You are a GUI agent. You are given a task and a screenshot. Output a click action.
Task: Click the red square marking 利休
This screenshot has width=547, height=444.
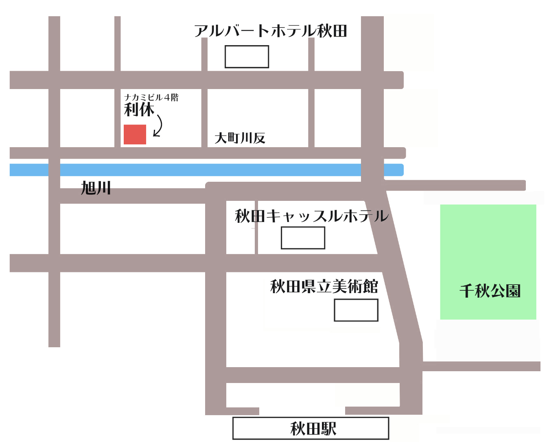(135, 135)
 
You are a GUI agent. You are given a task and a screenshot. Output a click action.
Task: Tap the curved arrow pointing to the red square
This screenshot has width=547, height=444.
(159, 126)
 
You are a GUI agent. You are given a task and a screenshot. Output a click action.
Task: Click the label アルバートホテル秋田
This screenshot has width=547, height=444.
(271, 31)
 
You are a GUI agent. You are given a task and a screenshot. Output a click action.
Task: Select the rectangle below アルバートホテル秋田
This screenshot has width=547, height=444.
(247, 57)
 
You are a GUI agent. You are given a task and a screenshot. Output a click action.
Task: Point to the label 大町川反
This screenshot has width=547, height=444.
(240, 138)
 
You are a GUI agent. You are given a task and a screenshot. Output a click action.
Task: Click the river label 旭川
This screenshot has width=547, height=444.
(96, 188)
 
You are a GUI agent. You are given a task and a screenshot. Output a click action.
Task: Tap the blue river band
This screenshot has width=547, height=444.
(203, 170)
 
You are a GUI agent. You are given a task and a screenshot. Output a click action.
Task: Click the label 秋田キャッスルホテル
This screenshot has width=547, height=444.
(311, 216)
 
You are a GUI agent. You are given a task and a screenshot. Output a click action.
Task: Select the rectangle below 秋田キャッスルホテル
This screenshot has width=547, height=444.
(303, 237)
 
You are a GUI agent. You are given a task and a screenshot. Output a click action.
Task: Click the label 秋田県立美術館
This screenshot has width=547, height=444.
(324, 287)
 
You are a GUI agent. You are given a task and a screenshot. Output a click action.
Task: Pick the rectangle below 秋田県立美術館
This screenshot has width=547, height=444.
(356, 310)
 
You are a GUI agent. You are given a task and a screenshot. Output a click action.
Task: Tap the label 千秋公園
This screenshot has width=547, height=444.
(490, 291)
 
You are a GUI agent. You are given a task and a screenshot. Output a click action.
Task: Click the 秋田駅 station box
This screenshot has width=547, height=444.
(311, 428)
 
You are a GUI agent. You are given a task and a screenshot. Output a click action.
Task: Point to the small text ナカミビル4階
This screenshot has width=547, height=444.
(151, 98)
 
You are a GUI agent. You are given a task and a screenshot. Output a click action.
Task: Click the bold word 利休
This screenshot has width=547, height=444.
(139, 109)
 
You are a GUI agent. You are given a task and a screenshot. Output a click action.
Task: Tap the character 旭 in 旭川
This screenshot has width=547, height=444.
(88, 188)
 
